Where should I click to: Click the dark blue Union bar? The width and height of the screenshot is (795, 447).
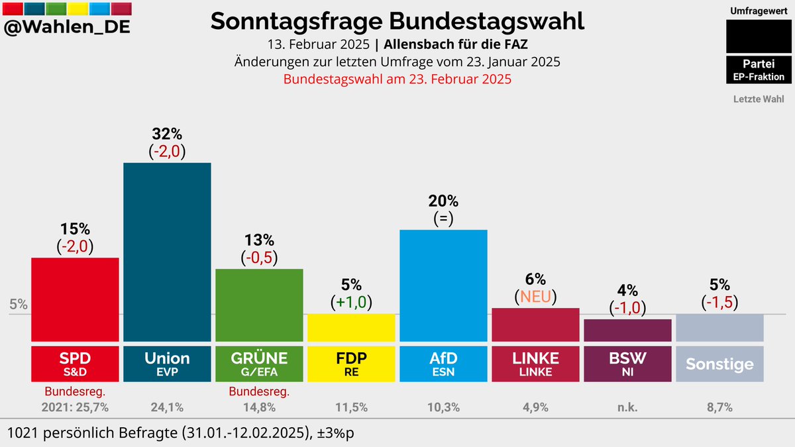click(167, 252)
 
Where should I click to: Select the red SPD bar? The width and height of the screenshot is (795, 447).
click(75, 299)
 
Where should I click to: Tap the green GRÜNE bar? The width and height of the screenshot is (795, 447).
click(259, 305)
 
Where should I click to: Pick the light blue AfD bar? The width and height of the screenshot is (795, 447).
click(443, 285)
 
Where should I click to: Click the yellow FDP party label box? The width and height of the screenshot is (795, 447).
click(351, 362)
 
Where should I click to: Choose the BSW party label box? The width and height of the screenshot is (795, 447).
click(627, 362)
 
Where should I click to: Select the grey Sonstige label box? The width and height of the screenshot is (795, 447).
click(719, 364)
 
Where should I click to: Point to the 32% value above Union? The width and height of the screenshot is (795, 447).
click(167, 132)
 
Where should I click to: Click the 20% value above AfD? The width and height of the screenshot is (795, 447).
click(443, 201)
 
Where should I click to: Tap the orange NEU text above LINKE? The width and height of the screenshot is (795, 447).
click(535, 296)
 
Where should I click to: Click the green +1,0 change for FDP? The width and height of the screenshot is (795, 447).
click(351, 303)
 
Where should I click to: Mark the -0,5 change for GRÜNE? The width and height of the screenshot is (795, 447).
click(259, 257)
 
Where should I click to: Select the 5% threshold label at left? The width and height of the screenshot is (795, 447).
click(19, 305)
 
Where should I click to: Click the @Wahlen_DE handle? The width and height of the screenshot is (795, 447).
click(67, 28)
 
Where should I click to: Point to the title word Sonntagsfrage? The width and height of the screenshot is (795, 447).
click(297, 21)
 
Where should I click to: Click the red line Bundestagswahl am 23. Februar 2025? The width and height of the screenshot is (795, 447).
click(397, 79)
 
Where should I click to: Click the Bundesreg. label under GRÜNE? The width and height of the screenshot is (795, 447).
click(259, 392)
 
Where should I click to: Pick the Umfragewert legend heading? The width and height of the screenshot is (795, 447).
click(759, 12)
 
